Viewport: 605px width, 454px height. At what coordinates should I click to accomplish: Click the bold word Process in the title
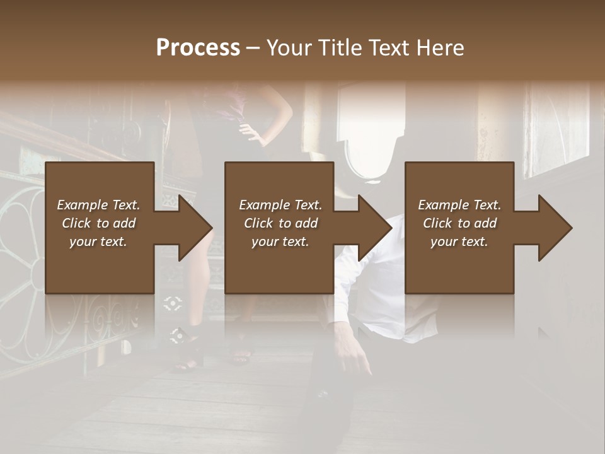pyautogui.click(x=198, y=47)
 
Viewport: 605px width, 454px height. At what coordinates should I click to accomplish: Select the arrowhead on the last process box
pyautogui.click(x=554, y=228)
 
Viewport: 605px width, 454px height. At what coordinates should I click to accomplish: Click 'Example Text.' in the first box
pyautogui.click(x=98, y=205)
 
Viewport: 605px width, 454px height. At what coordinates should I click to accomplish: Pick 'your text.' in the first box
pyautogui.click(x=98, y=242)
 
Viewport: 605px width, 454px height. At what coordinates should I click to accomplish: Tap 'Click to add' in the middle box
pyautogui.click(x=280, y=223)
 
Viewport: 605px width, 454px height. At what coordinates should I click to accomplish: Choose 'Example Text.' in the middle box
pyautogui.click(x=280, y=205)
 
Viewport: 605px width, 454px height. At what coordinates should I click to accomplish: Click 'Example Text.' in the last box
pyautogui.click(x=459, y=205)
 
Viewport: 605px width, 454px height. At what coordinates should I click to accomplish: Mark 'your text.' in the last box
pyautogui.click(x=459, y=242)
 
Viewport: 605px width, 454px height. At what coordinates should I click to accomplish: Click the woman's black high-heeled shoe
pyautogui.click(x=189, y=359)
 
